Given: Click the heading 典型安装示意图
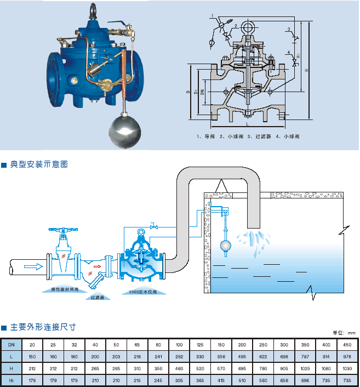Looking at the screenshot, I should click(38, 164).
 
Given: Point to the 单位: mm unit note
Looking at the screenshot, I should click(345, 333).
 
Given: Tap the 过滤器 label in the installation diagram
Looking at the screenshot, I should click(98, 298).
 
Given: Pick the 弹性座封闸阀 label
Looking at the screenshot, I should click(65, 288).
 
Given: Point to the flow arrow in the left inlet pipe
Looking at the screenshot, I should click(33, 267).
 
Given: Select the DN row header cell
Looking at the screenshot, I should click(12, 344).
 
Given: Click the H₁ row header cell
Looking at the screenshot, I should click(12, 380).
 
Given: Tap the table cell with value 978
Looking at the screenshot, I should click(347, 356).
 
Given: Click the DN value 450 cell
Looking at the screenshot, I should click(347, 344).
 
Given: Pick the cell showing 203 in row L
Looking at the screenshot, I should click(116, 356).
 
